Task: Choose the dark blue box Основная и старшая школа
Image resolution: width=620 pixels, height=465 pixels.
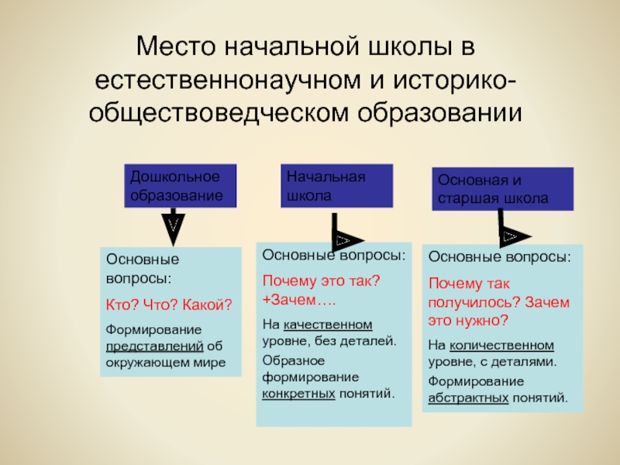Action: tap(501, 188)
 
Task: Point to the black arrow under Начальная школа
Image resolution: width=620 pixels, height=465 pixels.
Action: tap(344, 240)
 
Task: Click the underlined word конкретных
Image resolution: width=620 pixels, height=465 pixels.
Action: tap(298, 393)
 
